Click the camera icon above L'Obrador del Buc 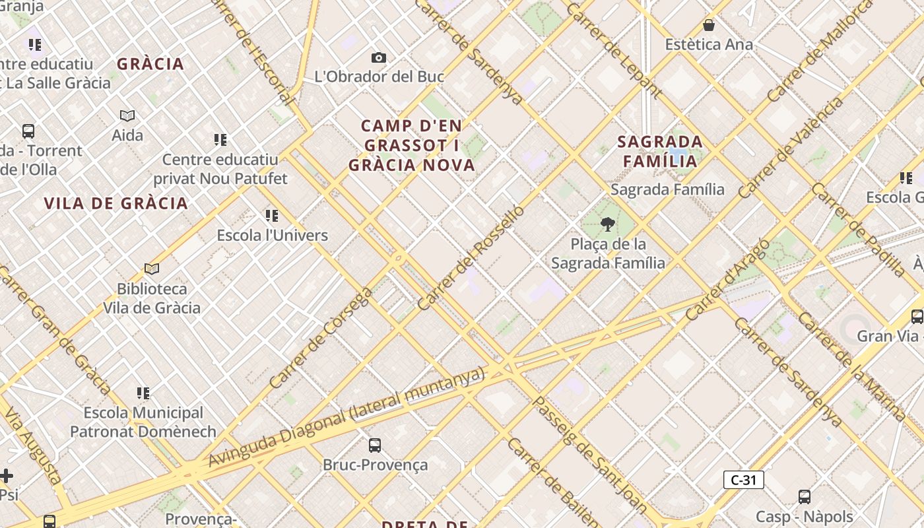tap(378, 58)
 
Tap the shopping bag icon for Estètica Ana tap(709, 26)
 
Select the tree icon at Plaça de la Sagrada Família tap(607, 225)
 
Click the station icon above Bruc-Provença tap(375, 445)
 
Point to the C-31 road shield tap(744, 480)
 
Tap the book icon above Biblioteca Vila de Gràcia tap(152, 269)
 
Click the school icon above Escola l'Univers tap(272, 216)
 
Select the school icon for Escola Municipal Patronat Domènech tap(143, 393)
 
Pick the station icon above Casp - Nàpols tap(804, 497)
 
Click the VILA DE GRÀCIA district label tap(116, 203)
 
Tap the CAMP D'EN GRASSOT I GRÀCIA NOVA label tap(412, 145)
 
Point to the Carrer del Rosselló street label tap(471, 258)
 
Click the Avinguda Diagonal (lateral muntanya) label tap(346, 417)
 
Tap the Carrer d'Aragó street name tap(727, 280)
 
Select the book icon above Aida tap(127, 116)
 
